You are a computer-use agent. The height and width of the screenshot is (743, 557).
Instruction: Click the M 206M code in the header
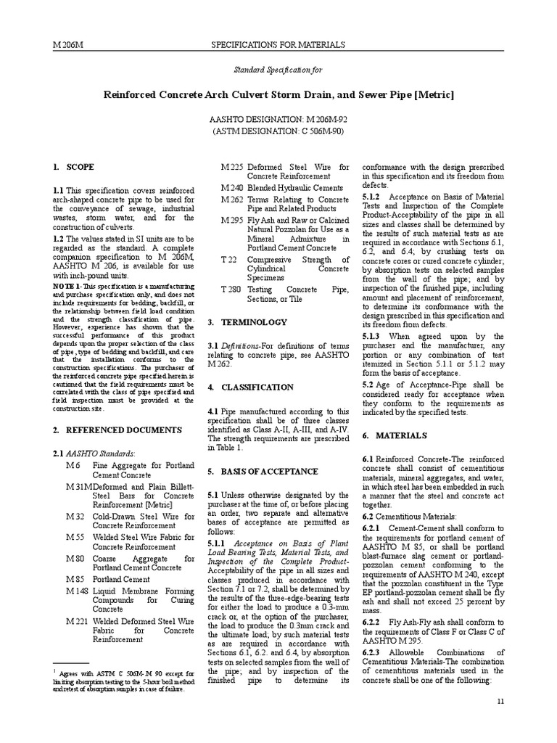coord(69,45)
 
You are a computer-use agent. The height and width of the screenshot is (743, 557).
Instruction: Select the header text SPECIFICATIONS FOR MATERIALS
coord(278,45)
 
